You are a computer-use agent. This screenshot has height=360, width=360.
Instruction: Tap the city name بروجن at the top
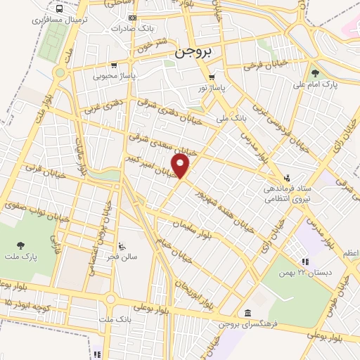(x=193, y=53)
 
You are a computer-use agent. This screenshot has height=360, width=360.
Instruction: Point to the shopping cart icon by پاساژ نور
(x=211, y=78)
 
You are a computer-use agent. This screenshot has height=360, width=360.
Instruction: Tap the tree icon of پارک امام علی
(x=315, y=72)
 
